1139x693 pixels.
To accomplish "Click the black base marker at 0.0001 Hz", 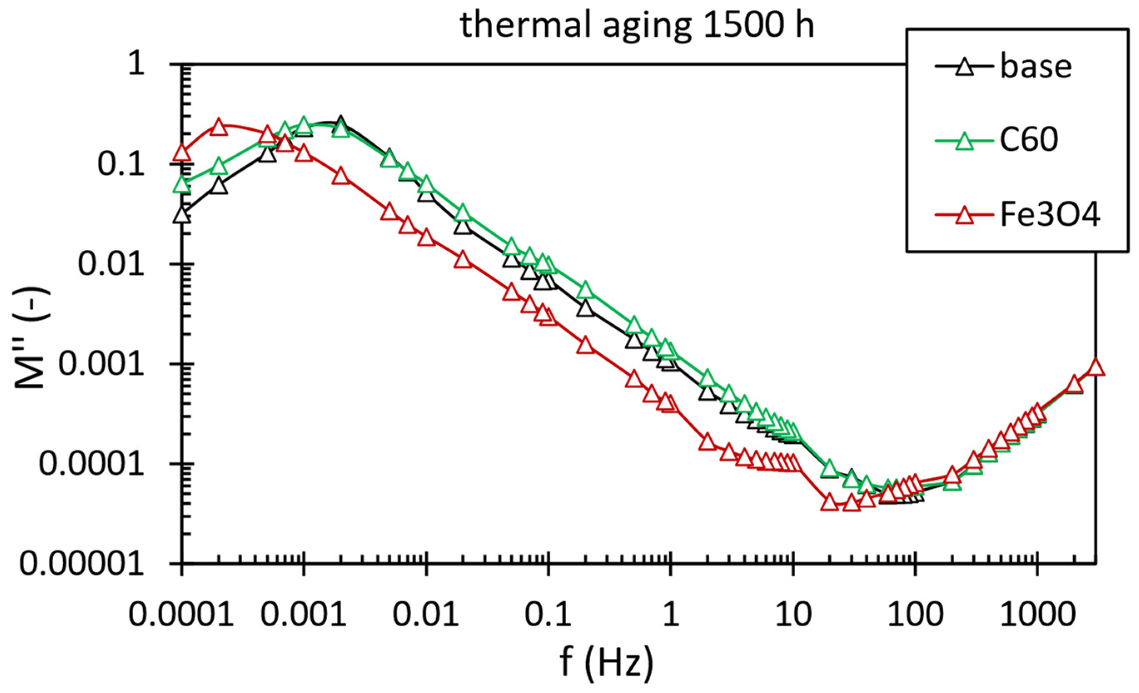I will (182, 215).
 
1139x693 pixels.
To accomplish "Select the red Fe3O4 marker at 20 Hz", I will (830, 502).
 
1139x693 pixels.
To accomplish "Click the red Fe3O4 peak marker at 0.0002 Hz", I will (219, 127).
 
